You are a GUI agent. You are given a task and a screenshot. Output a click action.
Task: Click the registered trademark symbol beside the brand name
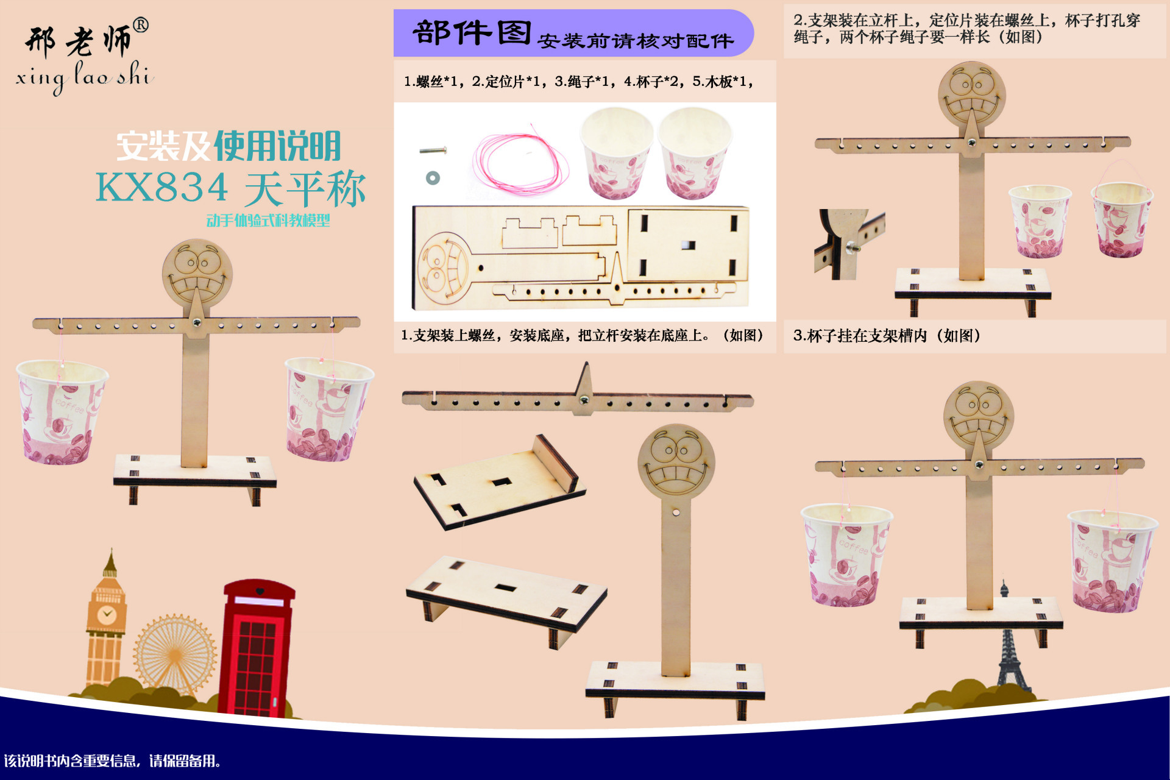140,26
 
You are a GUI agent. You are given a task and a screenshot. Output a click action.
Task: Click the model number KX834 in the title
162,188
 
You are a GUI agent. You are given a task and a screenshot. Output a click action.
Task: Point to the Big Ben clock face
107,613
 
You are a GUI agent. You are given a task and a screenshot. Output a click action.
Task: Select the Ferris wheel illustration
175,655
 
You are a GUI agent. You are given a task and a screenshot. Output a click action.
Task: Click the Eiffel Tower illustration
1009,646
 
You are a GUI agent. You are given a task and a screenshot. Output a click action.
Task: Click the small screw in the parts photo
433,150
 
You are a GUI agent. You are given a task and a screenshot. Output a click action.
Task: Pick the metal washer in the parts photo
433,178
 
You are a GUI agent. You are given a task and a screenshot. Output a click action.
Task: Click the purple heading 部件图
472,33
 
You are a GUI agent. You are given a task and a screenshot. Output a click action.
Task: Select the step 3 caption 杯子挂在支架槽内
887,336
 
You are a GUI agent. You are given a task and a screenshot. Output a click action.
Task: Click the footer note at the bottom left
112,760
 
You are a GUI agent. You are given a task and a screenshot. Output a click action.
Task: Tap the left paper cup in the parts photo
615,152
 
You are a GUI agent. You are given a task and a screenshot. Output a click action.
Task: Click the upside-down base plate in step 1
500,481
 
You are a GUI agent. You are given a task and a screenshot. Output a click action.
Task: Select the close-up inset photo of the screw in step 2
849,244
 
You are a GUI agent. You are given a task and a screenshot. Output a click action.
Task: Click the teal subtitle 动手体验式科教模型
268,221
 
